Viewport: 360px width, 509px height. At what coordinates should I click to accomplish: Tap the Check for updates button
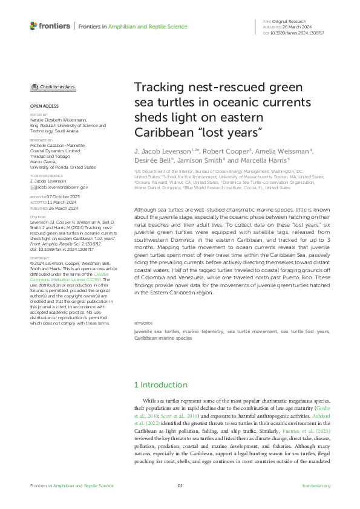(53, 87)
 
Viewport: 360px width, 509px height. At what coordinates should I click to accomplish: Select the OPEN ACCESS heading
(44, 106)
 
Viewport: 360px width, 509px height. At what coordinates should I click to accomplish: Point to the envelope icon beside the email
(33, 188)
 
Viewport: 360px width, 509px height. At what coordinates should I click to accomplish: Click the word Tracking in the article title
(159, 88)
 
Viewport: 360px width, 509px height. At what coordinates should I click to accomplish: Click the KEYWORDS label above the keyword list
(143, 323)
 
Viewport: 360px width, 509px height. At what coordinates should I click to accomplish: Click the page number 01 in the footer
(180, 486)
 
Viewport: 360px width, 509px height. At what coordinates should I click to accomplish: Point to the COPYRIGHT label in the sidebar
(41, 274)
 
